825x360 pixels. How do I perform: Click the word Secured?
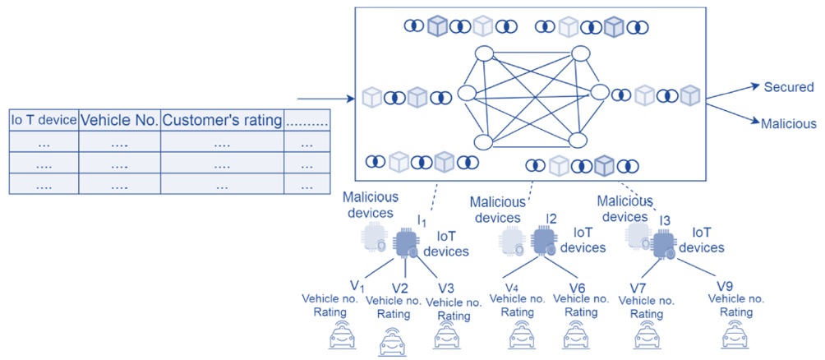coord(789,87)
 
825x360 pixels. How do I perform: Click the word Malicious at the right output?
coord(789,123)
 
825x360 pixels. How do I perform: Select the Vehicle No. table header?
coord(119,121)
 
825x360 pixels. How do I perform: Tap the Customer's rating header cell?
coord(222,121)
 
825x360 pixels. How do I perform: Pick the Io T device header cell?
coord(44,121)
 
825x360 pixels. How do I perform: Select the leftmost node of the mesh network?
coord(466,94)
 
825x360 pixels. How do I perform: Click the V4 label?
coord(515,288)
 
